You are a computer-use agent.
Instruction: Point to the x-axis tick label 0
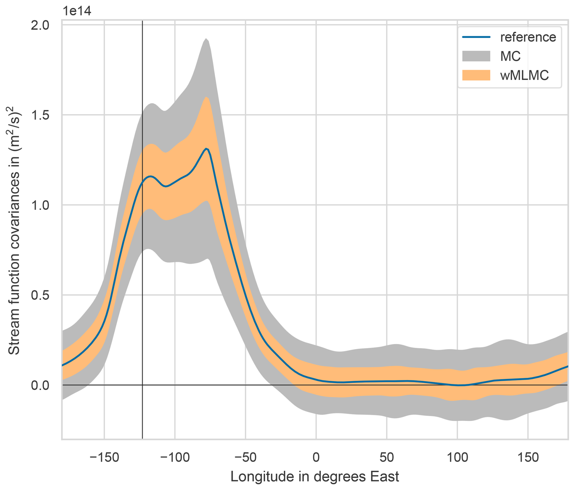(316, 457)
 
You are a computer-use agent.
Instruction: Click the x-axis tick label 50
(387, 457)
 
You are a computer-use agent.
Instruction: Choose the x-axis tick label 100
(457, 457)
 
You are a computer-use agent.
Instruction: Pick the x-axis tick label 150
(528, 457)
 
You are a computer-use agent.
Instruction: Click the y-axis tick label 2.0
(40, 25)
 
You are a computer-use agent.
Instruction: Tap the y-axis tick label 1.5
(40, 115)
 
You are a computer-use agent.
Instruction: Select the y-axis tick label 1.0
(40, 205)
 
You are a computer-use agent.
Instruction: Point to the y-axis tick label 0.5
(40, 295)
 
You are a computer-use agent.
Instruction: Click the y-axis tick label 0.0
(40, 385)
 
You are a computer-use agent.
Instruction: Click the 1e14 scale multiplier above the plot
(77, 11)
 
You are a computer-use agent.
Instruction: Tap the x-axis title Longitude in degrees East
(315, 477)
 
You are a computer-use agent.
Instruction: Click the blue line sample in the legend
(476, 37)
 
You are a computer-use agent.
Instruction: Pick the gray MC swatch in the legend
(476, 56)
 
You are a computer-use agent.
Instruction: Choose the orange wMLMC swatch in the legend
(476, 75)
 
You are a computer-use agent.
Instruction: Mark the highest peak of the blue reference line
(206, 148)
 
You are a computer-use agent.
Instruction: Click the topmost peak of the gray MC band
(206, 39)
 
